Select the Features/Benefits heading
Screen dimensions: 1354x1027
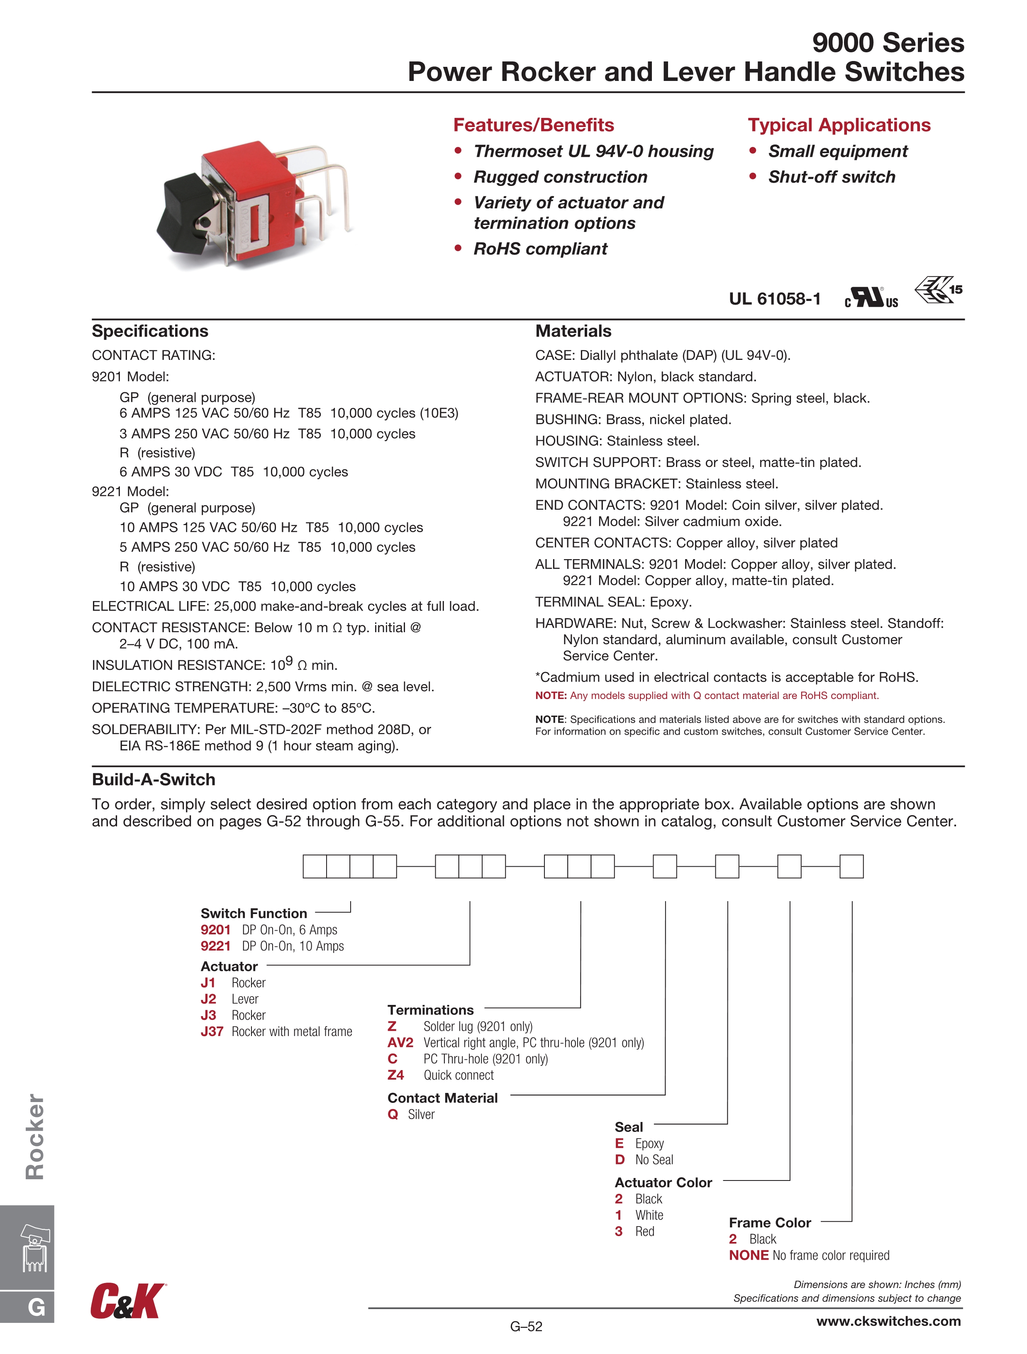(x=533, y=125)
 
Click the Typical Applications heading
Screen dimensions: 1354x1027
(x=839, y=125)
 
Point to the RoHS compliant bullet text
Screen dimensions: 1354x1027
(x=540, y=249)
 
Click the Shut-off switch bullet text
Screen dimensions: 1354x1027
(x=831, y=177)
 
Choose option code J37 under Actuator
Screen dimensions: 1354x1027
(x=212, y=1031)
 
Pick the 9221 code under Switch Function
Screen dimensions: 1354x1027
(x=215, y=946)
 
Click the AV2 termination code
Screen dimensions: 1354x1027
(x=400, y=1042)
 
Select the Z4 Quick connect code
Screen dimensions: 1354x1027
(x=396, y=1075)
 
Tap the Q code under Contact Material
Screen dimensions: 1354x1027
(x=393, y=1114)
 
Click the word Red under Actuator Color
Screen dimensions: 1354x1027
(x=644, y=1232)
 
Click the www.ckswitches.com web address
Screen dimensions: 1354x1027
(x=888, y=1321)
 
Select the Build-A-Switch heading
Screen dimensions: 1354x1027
(x=154, y=779)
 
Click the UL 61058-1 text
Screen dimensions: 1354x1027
(x=774, y=299)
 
